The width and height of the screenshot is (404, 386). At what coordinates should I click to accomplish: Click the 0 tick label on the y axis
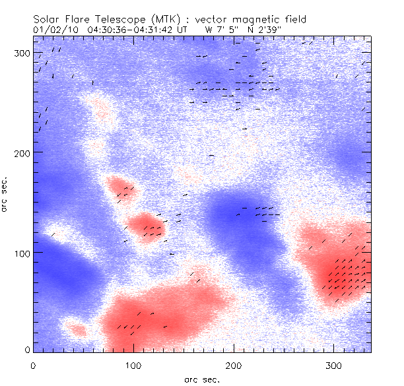(26, 349)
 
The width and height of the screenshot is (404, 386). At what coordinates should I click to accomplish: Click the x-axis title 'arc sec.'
(201, 379)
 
